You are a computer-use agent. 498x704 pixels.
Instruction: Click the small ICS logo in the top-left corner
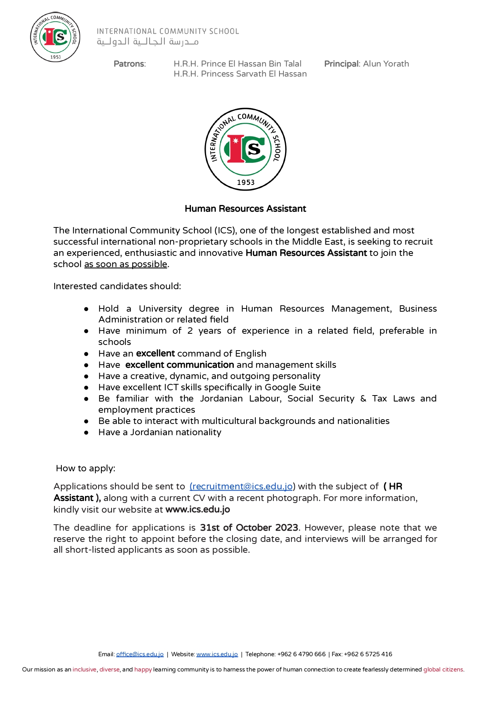[x=55, y=37]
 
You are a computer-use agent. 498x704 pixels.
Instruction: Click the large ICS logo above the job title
[x=245, y=149]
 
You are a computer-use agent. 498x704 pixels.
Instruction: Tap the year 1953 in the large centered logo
[x=245, y=183]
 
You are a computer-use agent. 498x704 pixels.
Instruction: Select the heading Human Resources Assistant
[x=245, y=209]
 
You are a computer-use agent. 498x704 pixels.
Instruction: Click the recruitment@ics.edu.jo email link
[x=241, y=487]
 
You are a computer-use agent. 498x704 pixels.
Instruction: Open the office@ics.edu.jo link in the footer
[x=140, y=654]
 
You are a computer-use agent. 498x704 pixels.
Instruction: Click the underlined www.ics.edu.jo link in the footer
[x=217, y=654]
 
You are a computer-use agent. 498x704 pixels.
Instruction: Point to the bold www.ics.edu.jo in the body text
[x=198, y=510]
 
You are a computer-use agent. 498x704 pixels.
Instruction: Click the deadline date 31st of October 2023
[x=249, y=527]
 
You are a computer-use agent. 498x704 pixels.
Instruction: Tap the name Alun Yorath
[x=386, y=64]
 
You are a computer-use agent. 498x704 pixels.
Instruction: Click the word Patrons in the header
[x=129, y=64]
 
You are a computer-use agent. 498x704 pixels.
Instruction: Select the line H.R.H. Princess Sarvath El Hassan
[x=240, y=74]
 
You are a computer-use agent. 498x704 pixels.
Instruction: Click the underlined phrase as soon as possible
[x=126, y=264]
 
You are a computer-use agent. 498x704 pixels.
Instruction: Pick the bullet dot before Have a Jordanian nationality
[x=86, y=433]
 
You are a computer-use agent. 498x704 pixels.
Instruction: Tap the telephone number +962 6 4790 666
[x=301, y=654]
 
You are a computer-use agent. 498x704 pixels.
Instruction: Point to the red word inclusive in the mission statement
[x=84, y=670]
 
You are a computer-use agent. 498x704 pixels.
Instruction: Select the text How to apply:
[x=85, y=469]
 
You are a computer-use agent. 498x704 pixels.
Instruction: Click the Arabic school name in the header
[x=148, y=42]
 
